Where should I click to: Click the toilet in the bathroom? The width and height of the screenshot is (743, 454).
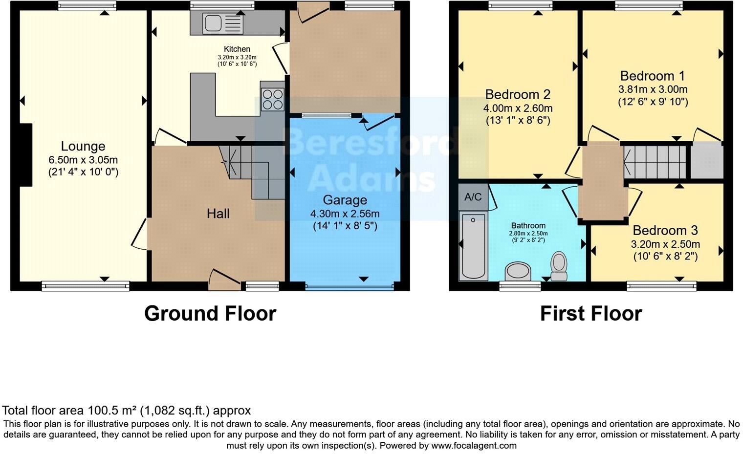559,266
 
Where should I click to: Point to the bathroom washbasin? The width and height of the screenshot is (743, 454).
518,271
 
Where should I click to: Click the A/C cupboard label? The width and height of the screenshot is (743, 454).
473,197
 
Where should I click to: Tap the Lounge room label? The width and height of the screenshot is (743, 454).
83,146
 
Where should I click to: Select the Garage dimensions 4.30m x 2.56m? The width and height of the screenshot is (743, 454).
345,214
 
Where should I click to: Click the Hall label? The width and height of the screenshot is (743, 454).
218,213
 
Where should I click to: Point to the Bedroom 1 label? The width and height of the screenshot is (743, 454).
652,76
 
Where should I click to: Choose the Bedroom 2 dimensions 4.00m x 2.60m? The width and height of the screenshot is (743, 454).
518,108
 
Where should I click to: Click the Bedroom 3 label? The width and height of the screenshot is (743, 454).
665,230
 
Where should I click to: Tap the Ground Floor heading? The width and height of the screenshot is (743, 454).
210,313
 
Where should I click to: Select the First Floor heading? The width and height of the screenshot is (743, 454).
590,313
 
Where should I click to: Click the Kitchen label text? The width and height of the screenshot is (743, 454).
237,49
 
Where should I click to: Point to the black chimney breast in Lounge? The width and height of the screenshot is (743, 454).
25,155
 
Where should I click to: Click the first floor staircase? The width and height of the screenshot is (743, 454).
656,161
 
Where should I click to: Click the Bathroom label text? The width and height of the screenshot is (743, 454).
528,225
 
